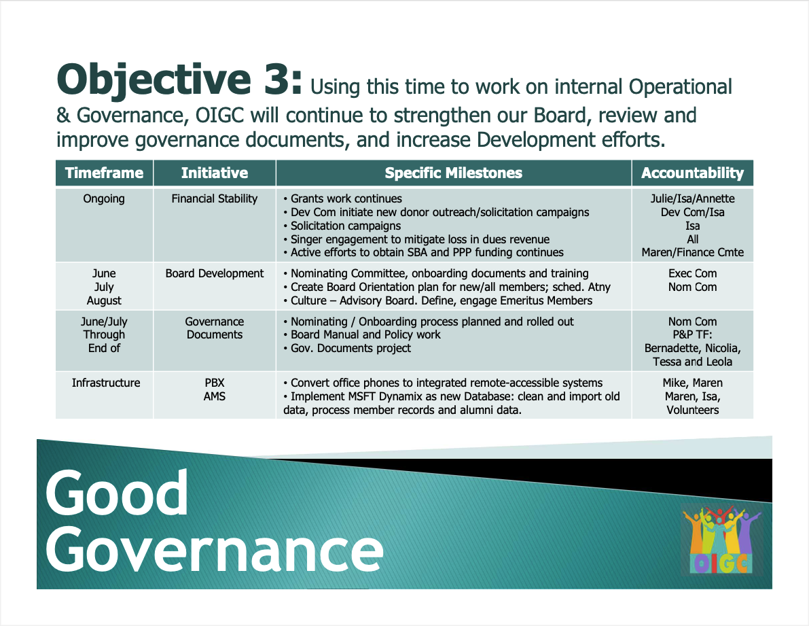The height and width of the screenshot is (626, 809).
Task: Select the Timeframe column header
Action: coord(104,173)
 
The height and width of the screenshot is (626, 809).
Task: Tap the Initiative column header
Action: coord(215,173)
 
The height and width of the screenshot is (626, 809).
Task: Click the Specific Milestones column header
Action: coord(453,173)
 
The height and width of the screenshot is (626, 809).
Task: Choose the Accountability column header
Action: coord(692,173)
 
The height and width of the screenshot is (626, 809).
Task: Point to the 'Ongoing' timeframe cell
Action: coord(104,198)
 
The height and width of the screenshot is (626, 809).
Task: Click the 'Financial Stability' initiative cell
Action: coord(215,198)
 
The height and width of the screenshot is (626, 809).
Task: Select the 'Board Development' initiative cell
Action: coord(215,273)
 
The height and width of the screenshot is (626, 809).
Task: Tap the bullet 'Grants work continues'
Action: coord(346,198)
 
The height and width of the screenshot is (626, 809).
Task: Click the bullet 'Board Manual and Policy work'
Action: coord(365,334)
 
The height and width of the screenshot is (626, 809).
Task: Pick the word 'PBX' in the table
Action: coord(215,383)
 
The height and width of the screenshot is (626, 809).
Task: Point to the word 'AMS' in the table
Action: coord(215,396)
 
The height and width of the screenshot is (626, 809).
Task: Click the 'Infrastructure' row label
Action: coord(106,383)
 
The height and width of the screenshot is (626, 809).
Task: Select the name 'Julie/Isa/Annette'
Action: coord(692,198)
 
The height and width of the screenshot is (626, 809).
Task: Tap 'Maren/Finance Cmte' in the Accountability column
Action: coord(692,252)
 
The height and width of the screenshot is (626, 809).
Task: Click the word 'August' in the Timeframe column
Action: coord(104,300)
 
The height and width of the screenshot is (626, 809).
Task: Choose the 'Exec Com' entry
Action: coord(692,273)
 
